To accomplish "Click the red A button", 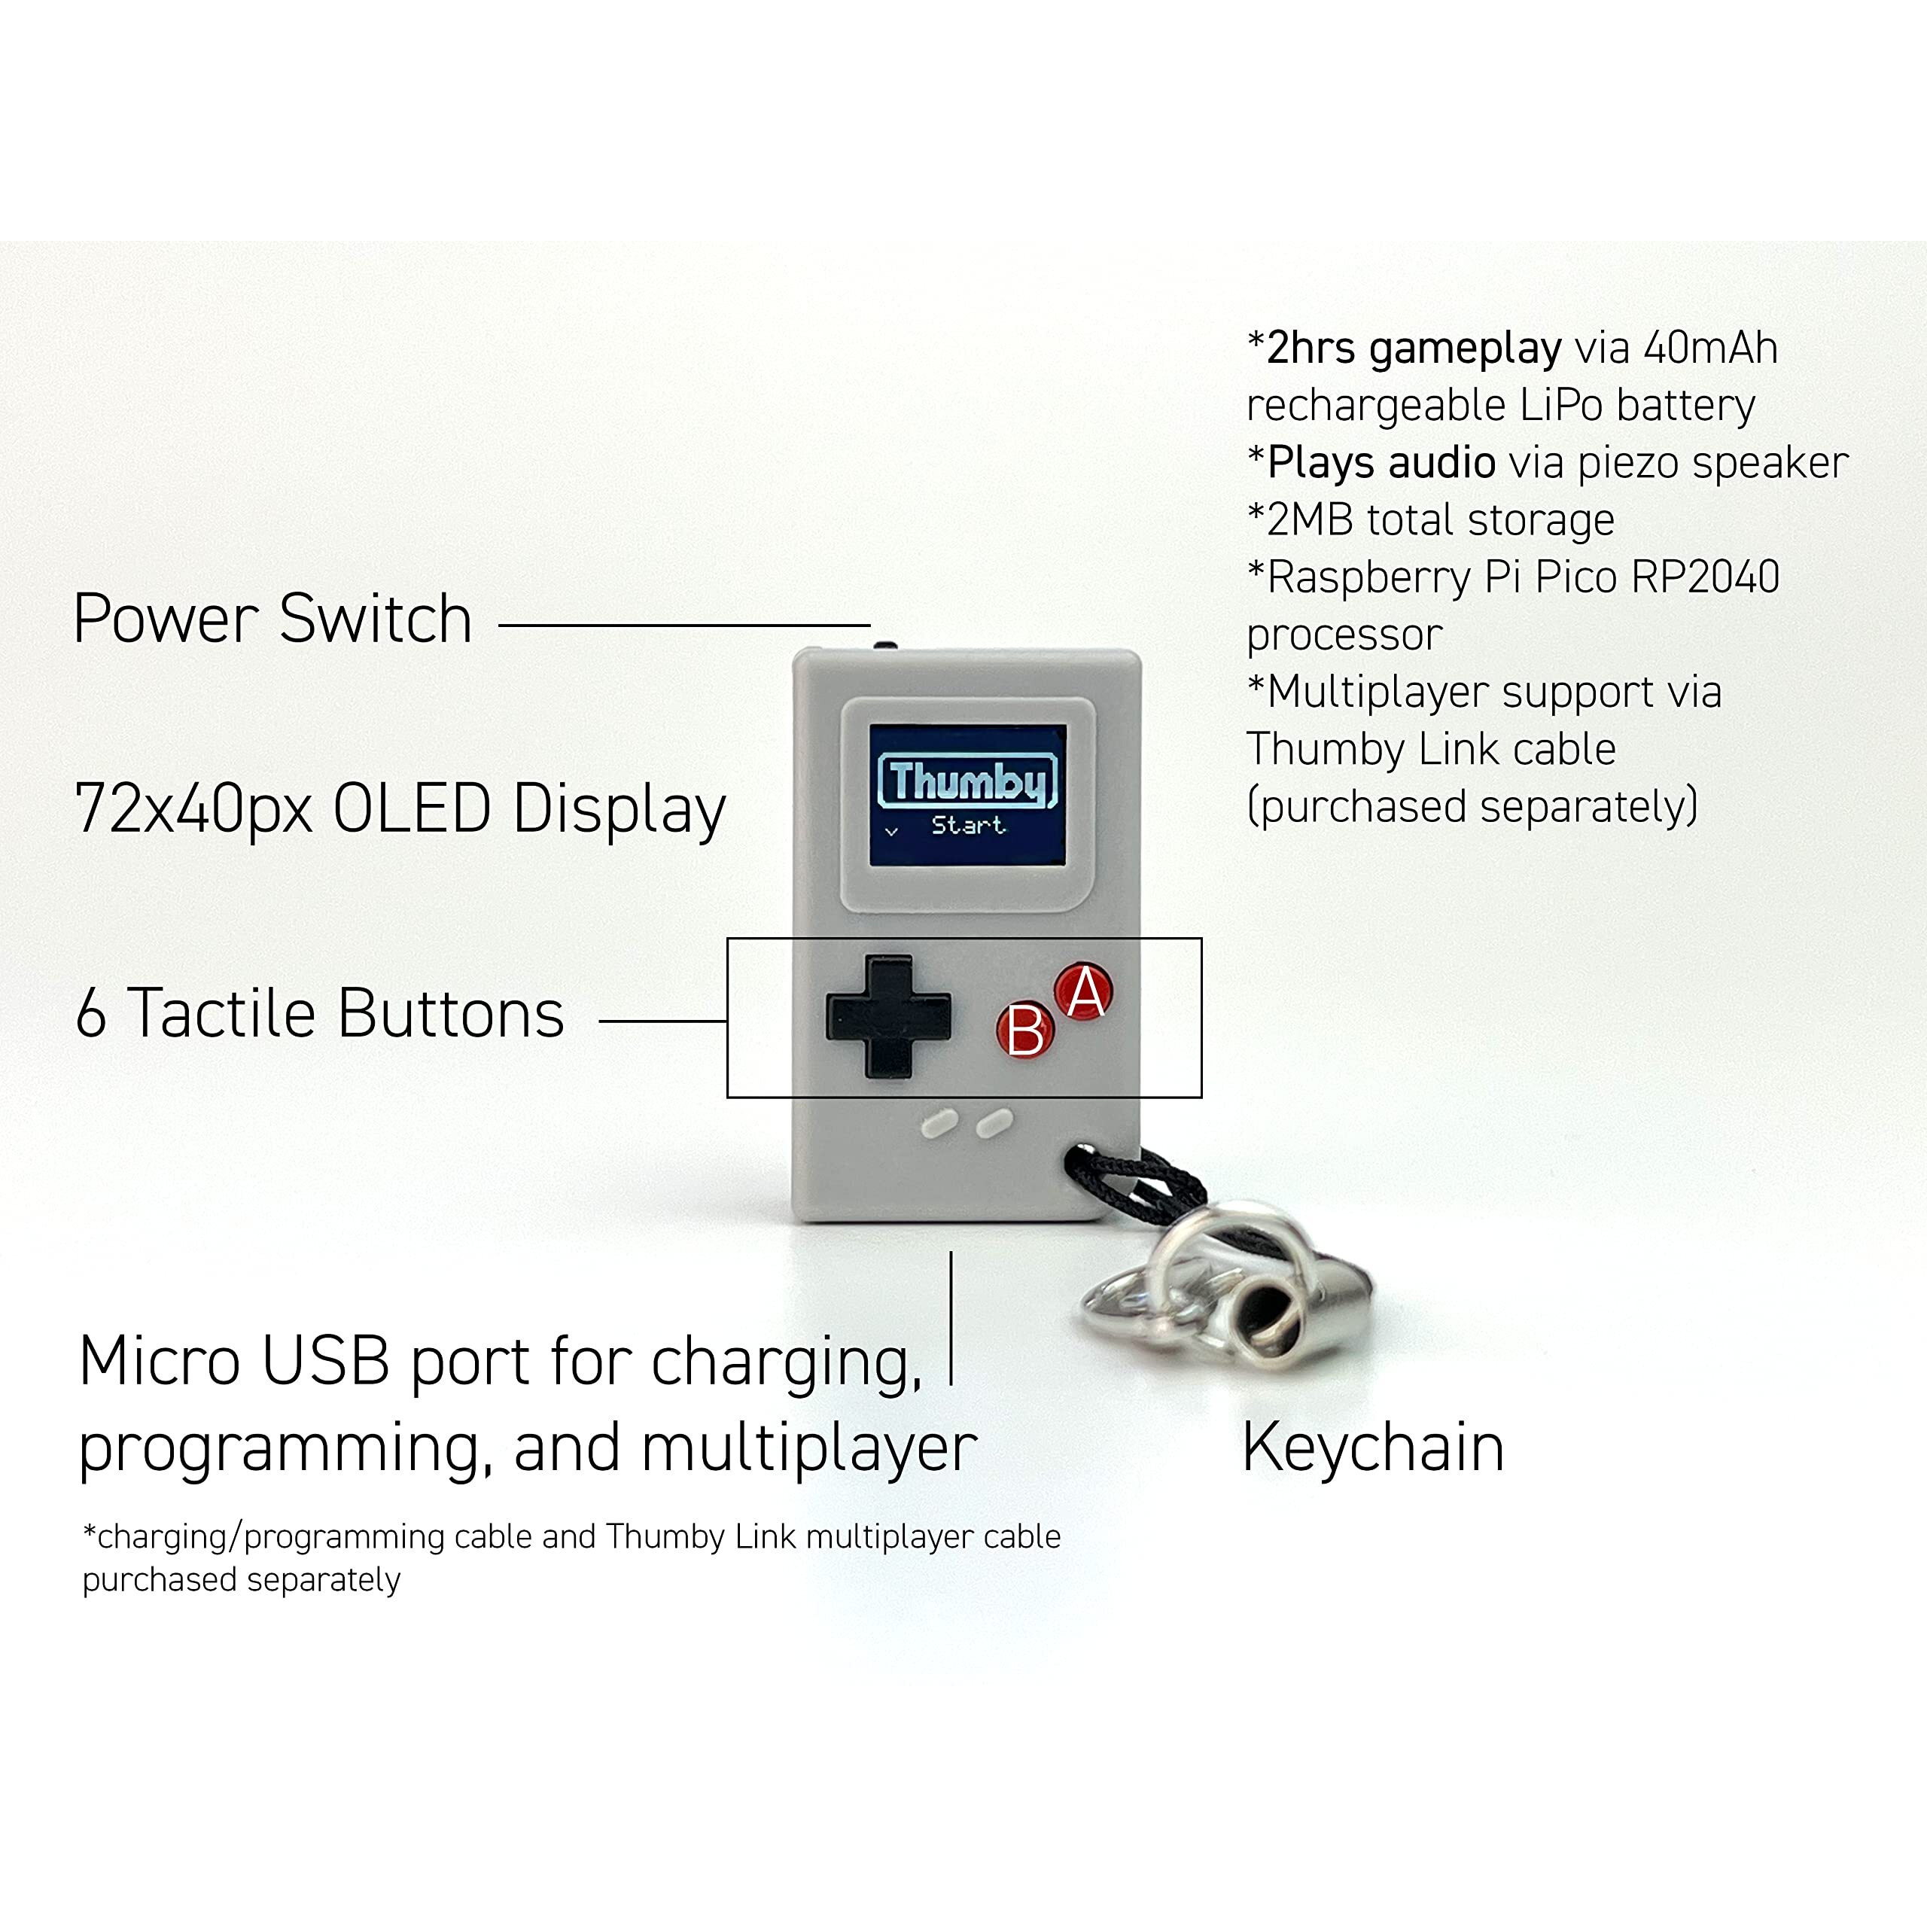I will point(1084,991).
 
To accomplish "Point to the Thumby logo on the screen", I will point(966,781).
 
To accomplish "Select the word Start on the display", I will point(967,826).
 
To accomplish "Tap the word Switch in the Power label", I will point(375,619).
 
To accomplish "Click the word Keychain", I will point(1372,1448).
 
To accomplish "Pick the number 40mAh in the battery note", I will point(1709,348).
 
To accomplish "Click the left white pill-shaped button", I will point(939,1124).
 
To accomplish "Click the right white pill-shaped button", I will point(994,1123).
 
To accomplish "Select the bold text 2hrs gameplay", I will point(1414,348).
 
